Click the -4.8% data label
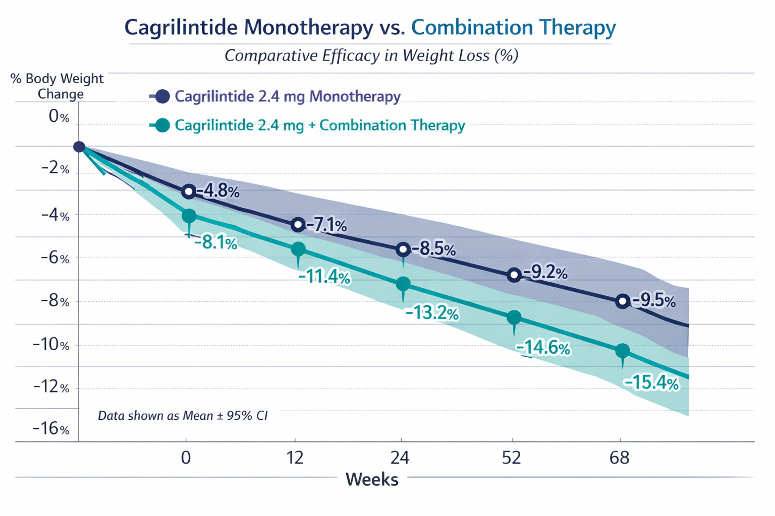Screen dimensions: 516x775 (218, 191)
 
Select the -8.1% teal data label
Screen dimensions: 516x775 (215, 243)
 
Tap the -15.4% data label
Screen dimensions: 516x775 (651, 383)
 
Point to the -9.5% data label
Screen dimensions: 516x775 (654, 301)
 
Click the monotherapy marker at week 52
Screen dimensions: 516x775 (514, 275)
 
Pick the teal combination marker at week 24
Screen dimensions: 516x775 (403, 284)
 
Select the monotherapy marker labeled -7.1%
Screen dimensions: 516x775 (298, 224)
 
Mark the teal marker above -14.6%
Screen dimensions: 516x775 (514, 317)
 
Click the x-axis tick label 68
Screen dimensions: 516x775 (620, 458)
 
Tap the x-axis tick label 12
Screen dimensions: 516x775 (295, 458)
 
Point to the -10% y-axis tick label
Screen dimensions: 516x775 (51, 345)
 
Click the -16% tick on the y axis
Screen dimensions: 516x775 (51, 428)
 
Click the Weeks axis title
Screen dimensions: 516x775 (372, 479)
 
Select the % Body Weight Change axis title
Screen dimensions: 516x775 (57, 86)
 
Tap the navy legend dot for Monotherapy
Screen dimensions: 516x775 (162, 96)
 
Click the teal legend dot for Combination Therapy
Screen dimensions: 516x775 (162, 125)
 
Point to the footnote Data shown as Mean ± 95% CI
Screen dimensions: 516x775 (183, 416)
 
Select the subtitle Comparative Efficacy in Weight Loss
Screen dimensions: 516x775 (371, 55)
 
